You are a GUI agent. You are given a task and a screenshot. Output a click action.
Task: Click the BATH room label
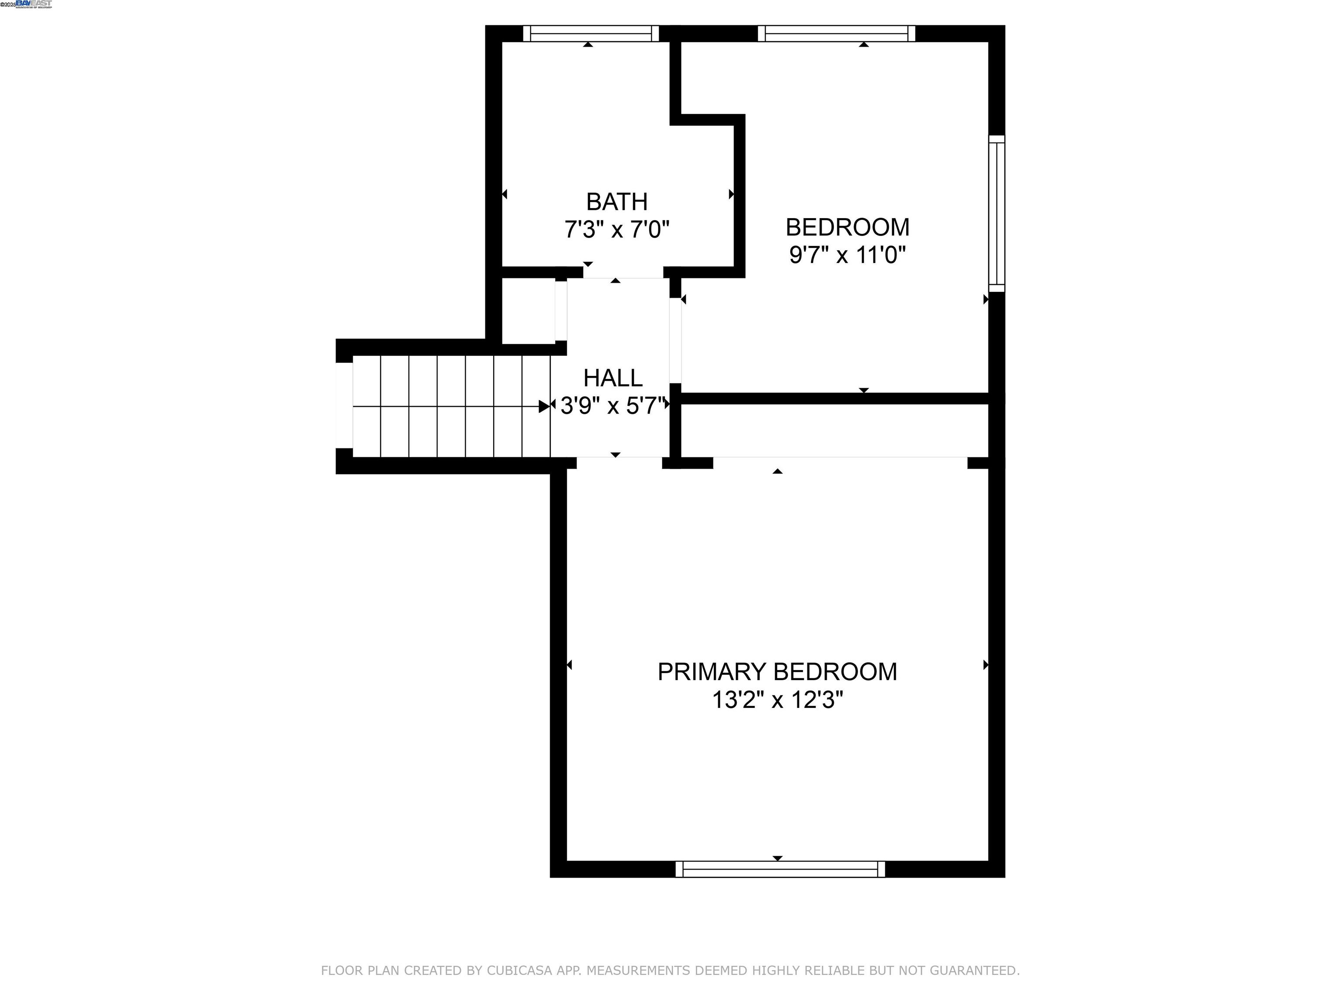(616, 202)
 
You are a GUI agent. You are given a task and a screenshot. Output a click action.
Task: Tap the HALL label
(613, 378)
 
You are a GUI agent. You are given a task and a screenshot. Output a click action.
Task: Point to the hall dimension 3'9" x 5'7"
(613, 406)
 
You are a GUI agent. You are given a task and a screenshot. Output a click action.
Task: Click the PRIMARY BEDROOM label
(777, 672)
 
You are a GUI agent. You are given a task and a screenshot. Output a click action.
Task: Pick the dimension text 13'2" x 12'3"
(777, 700)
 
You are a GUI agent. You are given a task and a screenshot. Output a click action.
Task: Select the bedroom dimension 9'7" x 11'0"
(847, 255)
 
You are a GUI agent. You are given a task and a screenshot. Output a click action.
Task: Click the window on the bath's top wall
(591, 33)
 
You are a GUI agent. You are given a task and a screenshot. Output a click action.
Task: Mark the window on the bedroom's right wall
(997, 213)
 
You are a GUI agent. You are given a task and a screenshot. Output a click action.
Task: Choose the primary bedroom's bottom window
(780, 869)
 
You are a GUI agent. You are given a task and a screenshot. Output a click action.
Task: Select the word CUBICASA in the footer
(519, 971)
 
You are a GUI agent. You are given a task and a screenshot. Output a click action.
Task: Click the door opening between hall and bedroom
(675, 340)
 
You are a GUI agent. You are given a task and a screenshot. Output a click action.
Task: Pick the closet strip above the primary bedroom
(834, 431)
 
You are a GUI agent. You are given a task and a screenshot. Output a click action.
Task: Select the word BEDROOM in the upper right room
(847, 227)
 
